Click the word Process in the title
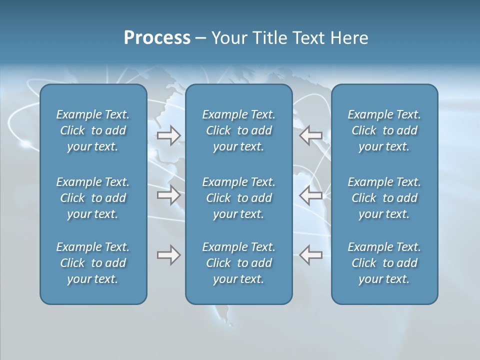point(157,38)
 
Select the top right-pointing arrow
point(168,135)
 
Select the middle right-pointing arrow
point(168,195)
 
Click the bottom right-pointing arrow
point(168,255)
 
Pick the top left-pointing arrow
point(311,135)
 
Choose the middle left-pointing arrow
point(311,195)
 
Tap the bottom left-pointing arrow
point(311,255)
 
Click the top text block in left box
point(93,130)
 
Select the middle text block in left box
point(93,198)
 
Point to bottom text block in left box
point(93,263)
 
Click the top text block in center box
point(238,130)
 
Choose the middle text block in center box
point(238,198)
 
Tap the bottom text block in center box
point(238,263)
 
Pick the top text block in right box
point(384,130)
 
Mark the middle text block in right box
point(384,198)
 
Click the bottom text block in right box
point(384,263)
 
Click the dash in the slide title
point(200,38)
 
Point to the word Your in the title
point(228,38)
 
